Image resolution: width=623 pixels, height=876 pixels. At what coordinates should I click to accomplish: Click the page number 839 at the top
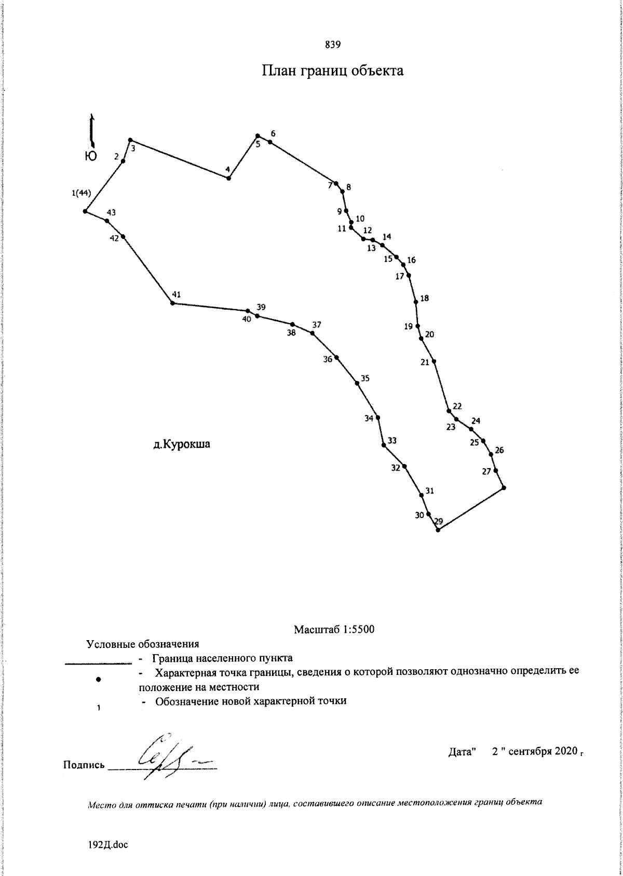coord(332,45)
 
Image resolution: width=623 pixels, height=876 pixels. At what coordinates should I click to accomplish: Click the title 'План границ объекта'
coord(332,71)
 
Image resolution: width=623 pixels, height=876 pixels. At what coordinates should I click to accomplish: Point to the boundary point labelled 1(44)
coord(85,211)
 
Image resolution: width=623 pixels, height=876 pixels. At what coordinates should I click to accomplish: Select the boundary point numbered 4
coord(228,178)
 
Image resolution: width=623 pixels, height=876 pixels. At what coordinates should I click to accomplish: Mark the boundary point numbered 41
coord(172,303)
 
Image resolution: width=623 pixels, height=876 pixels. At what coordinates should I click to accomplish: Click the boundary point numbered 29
coord(438,530)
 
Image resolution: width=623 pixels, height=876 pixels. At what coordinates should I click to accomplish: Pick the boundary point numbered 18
coord(416,302)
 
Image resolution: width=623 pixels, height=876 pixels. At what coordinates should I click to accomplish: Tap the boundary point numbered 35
coord(357,383)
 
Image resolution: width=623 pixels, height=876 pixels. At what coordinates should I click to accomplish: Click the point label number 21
coord(425,362)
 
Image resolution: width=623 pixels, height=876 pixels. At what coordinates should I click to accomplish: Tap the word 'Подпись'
coord(84,765)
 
